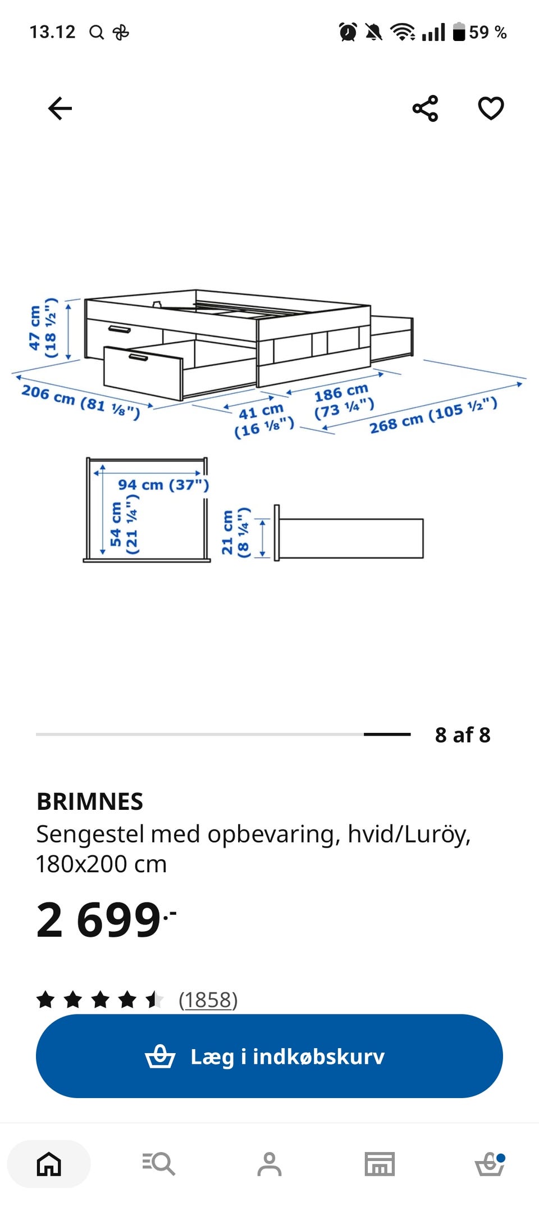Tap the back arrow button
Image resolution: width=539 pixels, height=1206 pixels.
click(60, 108)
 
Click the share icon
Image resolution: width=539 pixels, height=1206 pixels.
click(425, 108)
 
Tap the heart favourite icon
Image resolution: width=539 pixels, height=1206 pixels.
click(491, 108)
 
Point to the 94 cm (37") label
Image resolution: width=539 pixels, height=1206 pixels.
click(163, 485)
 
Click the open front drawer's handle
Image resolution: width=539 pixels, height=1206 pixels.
click(139, 357)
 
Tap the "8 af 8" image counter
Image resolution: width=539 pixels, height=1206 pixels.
click(463, 735)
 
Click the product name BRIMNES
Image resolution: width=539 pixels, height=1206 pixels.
click(90, 801)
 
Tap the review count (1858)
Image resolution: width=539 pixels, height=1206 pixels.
click(208, 1000)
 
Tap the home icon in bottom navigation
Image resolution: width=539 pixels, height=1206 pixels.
click(49, 1164)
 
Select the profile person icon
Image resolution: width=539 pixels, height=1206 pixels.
click(269, 1164)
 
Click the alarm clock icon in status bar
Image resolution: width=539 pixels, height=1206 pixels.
click(348, 32)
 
